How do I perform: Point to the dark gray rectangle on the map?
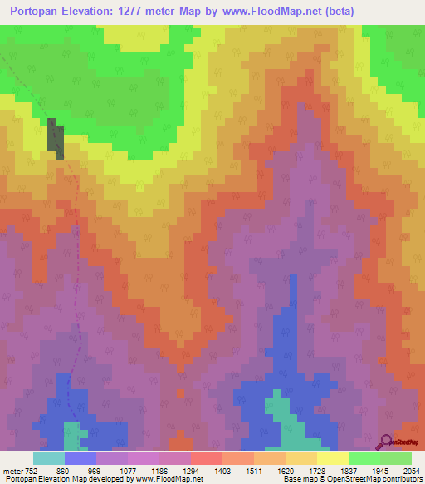(55, 138)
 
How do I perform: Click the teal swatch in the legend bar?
(49, 458)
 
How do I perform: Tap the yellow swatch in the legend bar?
(332, 458)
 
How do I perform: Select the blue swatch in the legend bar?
(81, 458)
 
